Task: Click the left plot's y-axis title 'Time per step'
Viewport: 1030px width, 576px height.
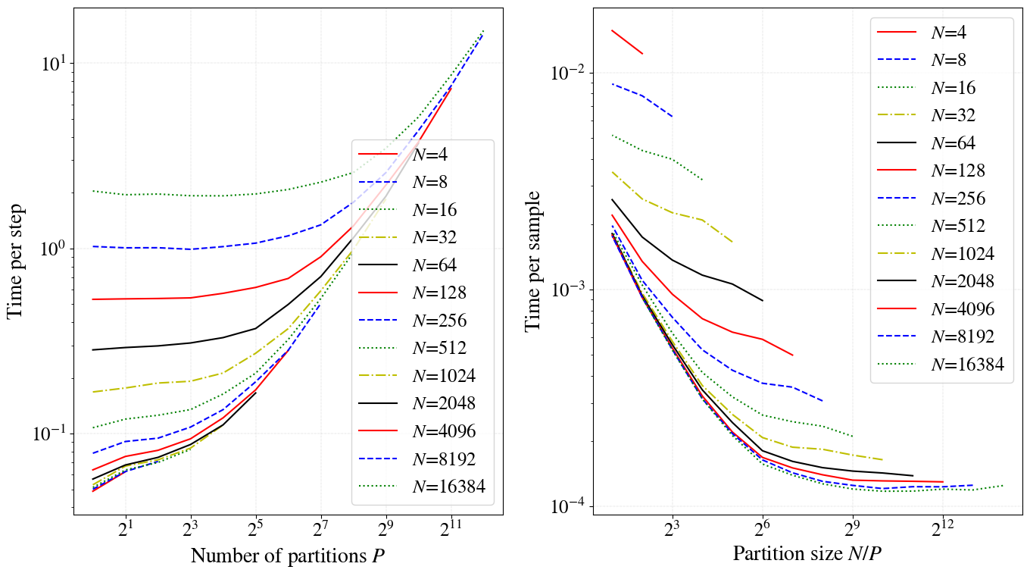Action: pyautogui.click(x=16, y=261)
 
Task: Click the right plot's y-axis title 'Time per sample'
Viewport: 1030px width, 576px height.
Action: pyautogui.click(x=535, y=261)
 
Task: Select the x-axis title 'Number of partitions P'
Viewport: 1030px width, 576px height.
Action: pyautogui.click(x=288, y=556)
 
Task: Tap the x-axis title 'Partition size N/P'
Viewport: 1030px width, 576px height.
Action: pyautogui.click(x=807, y=553)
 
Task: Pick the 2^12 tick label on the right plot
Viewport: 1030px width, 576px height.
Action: pyautogui.click(x=942, y=527)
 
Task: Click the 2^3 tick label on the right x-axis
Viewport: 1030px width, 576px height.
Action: pyautogui.click(x=672, y=527)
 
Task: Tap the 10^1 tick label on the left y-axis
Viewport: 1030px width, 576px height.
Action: pyautogui.click(x=50, y=64)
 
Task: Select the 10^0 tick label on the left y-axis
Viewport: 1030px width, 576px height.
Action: pyautogui.click(x=50, y=249)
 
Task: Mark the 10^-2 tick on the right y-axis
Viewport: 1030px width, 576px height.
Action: pyautogui.click(x=569, y=74)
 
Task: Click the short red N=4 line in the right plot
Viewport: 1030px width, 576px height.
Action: pyautogui.click(x=626, y=42)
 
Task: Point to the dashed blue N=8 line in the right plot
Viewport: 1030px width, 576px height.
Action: pyautogui.click(x=641, y=95)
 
